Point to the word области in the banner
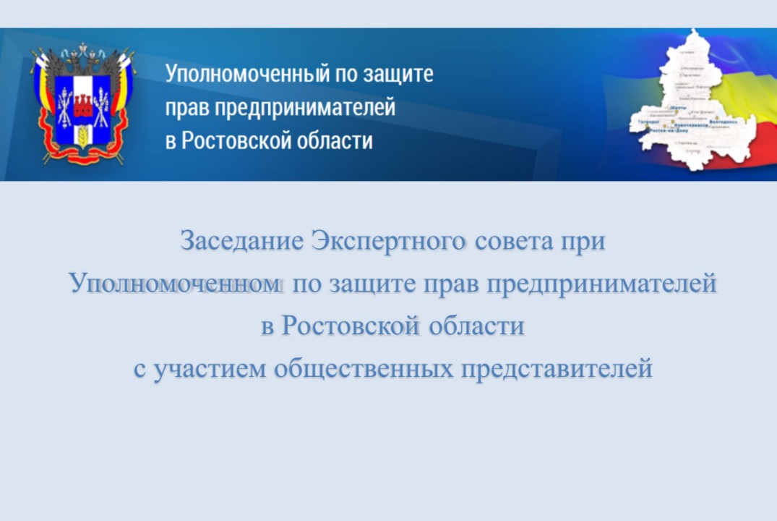(335, 140)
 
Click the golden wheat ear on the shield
(82, 135)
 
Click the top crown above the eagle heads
(82, 48)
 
